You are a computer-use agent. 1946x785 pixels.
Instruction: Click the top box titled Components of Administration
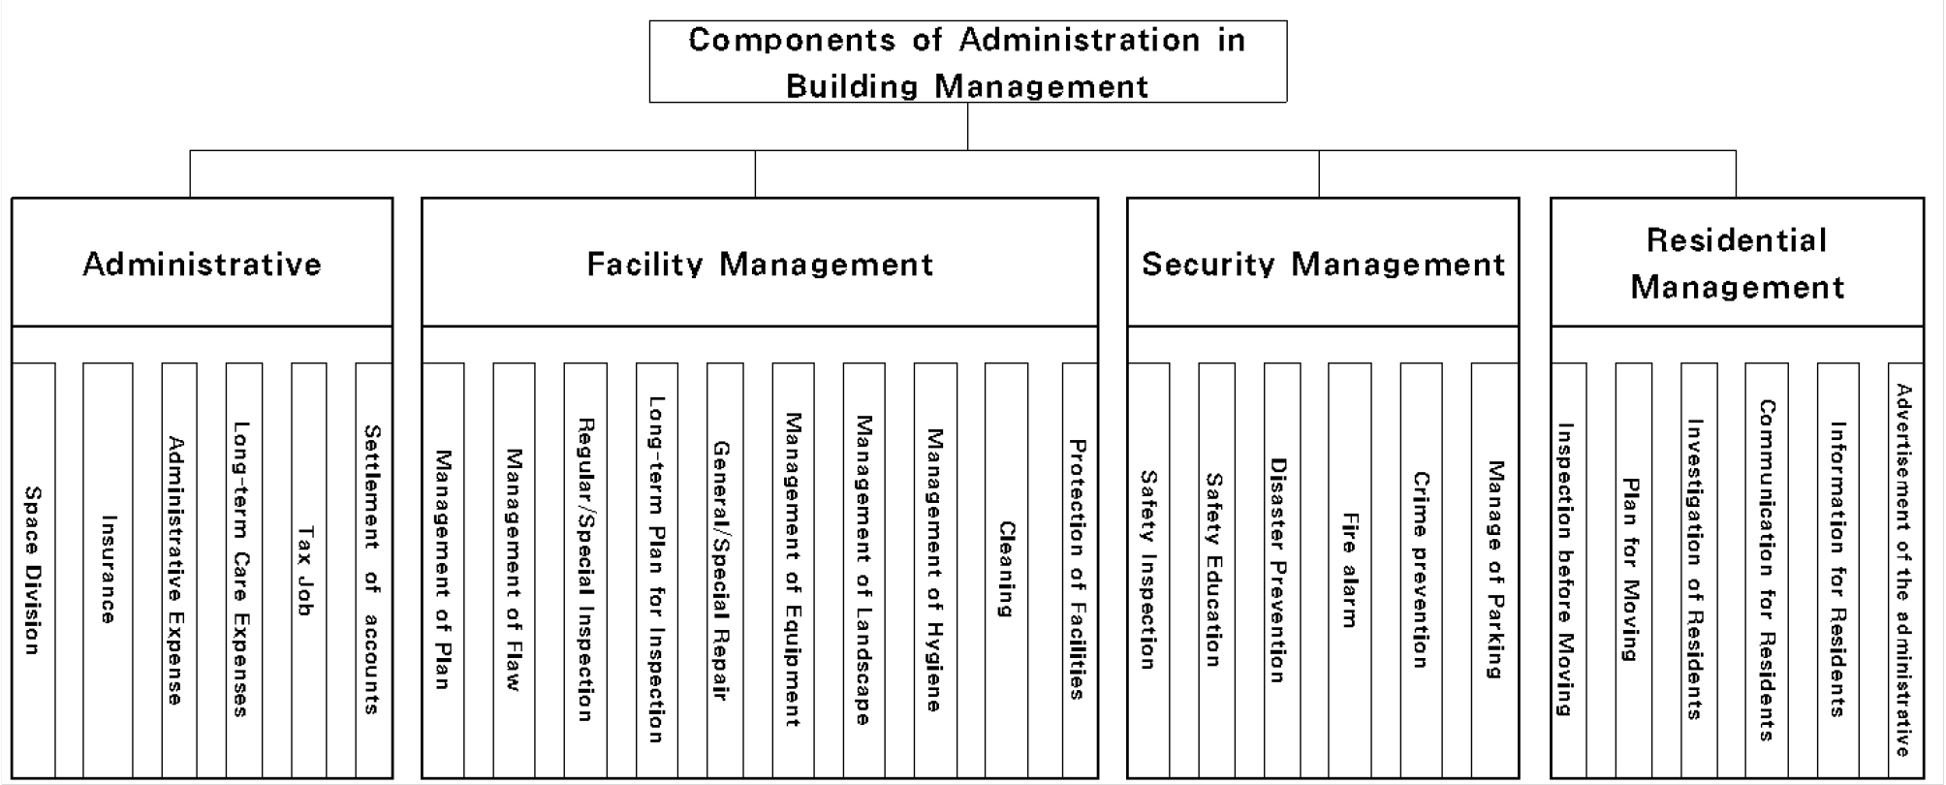pos(967,62)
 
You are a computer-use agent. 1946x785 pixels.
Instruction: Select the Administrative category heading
pos(202,264)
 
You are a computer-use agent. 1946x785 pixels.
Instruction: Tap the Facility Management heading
pos(760,264)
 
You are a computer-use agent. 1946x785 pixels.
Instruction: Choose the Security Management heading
pos(1323,264)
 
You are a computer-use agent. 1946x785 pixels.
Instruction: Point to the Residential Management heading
pos(1737,264)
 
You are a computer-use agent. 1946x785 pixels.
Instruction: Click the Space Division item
pos(33,570)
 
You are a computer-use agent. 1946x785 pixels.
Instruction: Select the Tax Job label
pos(306,571)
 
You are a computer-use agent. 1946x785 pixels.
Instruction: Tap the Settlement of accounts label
pos(372,569)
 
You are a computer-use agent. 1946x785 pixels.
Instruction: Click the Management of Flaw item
pos(514,570)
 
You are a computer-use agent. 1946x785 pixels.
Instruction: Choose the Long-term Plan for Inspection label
pos(656,569)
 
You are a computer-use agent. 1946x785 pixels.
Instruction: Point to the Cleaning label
pos(1008,570)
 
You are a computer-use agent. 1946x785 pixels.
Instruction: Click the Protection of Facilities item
pos(1078,569)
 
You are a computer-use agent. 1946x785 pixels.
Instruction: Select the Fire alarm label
pos(1349,570)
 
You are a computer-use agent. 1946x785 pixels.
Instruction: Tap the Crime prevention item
pos(1421,570)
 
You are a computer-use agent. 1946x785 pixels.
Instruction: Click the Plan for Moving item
pos(1632,570)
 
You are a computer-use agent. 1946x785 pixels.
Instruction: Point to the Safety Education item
pos(1213,570)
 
